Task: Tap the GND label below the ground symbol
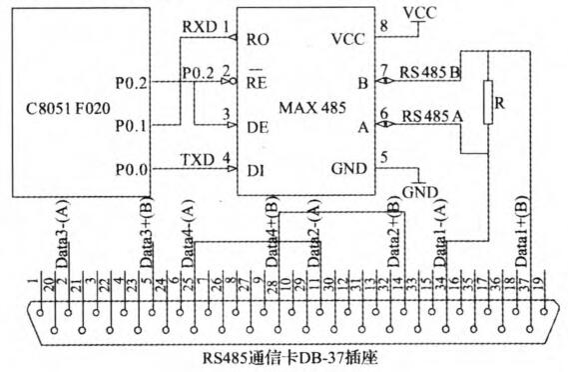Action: click(x=416, y=191)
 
